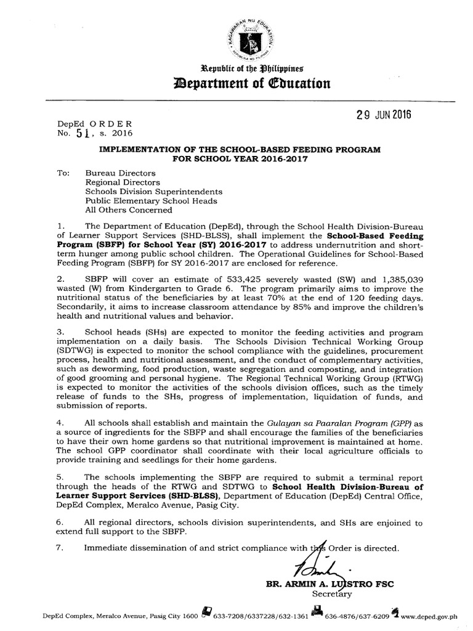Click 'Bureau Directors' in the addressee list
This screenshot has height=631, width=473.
tap(120, 173)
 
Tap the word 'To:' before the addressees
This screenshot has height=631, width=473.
tap(63, 173)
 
